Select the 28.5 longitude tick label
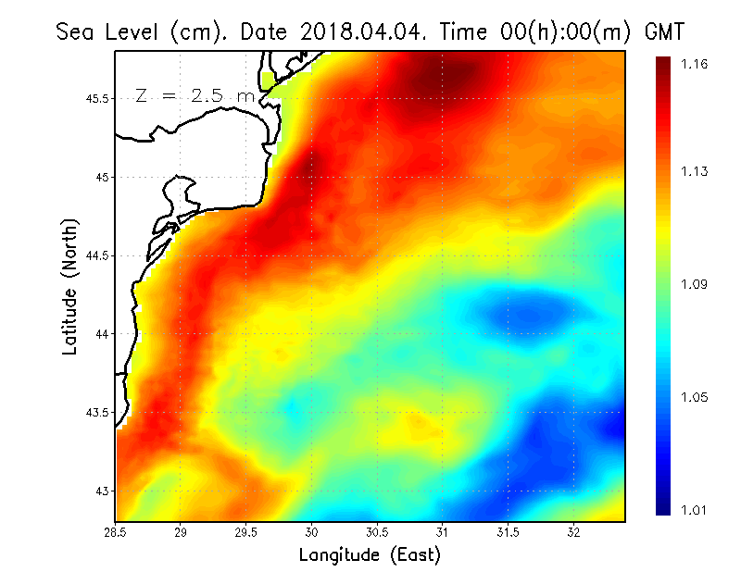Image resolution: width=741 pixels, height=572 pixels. pyautogui.click(x=116, y=532)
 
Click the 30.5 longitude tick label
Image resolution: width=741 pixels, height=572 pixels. pyautogui.click(x=377, y=532)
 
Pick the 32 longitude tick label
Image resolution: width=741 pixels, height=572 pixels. pyautogui.click(x=573, y=532)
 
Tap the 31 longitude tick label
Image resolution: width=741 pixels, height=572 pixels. pyautogui.click(x=443, y=532)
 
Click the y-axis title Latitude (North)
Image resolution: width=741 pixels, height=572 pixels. pyautogui.click(x=70, y=286)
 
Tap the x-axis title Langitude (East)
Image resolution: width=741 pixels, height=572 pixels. pyautogui.click(x=370, y=555)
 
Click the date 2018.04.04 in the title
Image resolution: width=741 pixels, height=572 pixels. pyautogui.click(x=359, y=31)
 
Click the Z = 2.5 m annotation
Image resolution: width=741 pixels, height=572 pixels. pyautogui.click(x=195, y=95)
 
